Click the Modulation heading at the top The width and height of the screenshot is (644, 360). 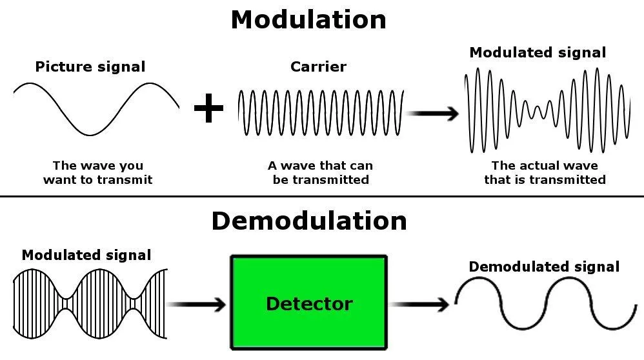[308, 19]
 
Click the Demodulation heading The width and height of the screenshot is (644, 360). [309, 221]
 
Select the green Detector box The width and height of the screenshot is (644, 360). [309, 302]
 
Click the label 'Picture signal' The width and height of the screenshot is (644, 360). [90, 66]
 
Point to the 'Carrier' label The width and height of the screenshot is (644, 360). [318, 66]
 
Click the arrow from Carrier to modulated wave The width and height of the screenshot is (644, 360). [434, 114]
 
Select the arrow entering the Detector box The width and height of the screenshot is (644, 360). [197, 303]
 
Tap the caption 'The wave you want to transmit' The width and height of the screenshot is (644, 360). [97, 173]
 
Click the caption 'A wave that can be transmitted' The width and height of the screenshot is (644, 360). [321, 173]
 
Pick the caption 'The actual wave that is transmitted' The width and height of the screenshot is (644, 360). [545, 173]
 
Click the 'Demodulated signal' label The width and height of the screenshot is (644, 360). [544, 266]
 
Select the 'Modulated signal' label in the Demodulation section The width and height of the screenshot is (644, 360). [86, 255]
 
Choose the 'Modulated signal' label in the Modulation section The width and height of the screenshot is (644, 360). [538, 53]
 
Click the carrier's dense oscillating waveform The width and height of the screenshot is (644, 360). [321, 113]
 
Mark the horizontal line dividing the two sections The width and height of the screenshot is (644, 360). [322, 196]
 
